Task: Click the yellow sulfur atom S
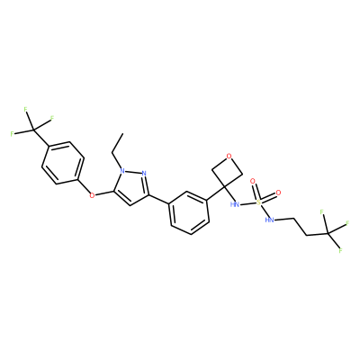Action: [259, 202]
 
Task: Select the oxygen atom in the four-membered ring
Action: [229, 156]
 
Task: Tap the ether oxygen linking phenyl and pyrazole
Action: [92, 195]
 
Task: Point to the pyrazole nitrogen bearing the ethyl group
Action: [122, 171]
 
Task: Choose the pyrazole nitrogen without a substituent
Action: [144, 174]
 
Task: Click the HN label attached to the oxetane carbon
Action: [235, 205]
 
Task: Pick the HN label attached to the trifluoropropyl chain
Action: [270, 220]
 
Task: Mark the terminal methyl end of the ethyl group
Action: [123, 133]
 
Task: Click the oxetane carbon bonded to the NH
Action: [224, 187]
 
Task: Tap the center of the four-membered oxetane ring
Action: [227, 172]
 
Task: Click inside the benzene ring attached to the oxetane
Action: [189, 212]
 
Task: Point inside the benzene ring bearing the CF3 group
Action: [62, 163]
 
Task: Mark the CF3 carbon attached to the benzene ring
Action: [34, 130]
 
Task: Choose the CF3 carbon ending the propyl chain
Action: [328, 233]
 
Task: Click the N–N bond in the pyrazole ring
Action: [133, 173]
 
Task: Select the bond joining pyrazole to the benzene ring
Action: [159, 200]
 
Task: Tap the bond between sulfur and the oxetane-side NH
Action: [248, 204]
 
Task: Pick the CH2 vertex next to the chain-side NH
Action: [293, 219]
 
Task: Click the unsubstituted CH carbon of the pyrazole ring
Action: [130, 206]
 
